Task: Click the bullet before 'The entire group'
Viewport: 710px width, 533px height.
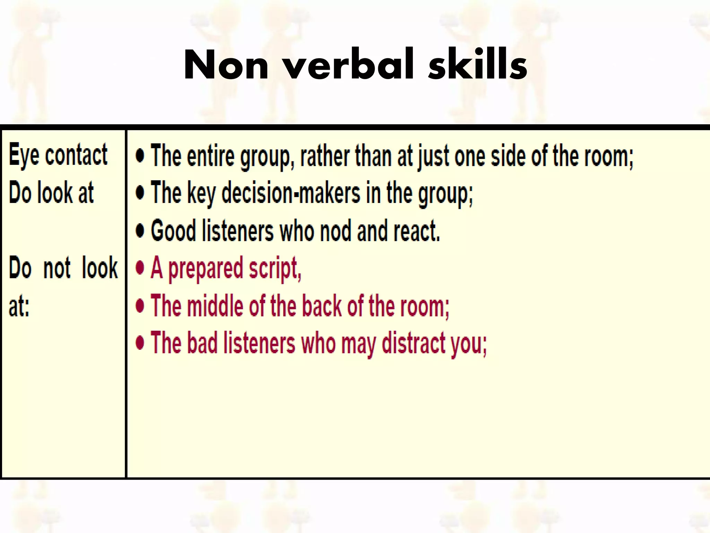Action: point(140,156)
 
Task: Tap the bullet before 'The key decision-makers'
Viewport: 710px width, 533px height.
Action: point(140,193)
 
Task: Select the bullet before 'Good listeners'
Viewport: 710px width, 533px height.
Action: point(140,230)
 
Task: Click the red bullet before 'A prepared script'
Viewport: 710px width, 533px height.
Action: point(140,268)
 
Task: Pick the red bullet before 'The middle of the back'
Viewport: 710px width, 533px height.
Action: point(140,305)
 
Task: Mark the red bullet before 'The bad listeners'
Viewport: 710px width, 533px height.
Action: point(140,343)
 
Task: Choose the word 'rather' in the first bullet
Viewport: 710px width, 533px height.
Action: point(324,156)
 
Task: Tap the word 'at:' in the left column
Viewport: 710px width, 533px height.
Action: point(19,306)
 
